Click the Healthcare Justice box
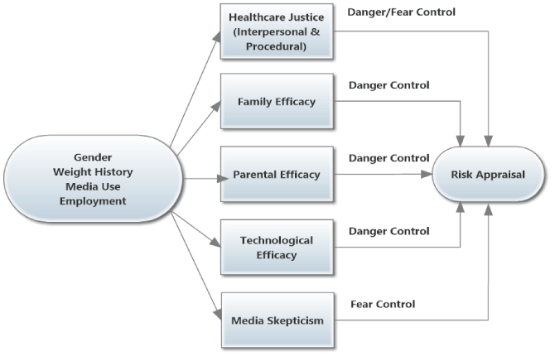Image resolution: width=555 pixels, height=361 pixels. pyautogui.click(x=277, y=31)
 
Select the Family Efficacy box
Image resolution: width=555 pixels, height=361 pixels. pyautogui.click(x=277, y=103)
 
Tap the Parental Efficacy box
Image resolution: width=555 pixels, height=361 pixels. pyautogui.click(x=277, y=175)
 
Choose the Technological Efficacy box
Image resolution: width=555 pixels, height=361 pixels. pyautogui.click(x=277, y=247)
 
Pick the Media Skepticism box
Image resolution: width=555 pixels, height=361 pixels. pyautogui.click(x=277, y=319)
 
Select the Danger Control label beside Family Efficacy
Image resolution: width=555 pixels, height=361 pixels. pyautogui.click(x=389, y=84)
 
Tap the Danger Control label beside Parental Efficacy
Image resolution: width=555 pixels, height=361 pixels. pyautogui.click(x=389, y=157)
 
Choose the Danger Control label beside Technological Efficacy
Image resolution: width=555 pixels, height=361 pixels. pyautogui.click(x=389, y=230)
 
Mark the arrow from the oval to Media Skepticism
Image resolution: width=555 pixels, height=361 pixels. pyautogui.click(x=195, y=264)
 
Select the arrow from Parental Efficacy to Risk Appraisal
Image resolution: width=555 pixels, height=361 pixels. pyautogui.click(x=381, y=175)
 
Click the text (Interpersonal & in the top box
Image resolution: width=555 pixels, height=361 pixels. pyautogui.click(x=277, y=32)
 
